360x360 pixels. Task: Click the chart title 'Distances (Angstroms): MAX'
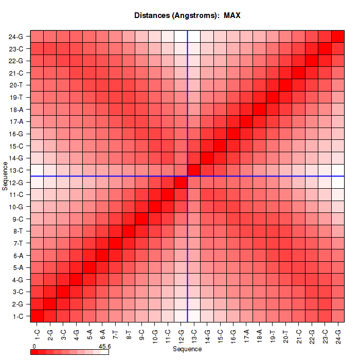[x=187, y=15]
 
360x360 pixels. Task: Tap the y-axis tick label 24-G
[x=16, y=37]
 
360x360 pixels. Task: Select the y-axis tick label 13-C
[x=16, y=170]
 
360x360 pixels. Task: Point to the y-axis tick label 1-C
[x=16, y=316]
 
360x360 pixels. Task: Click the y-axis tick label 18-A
[x=16, y=110]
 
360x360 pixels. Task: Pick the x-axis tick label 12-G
[x=181, y=331]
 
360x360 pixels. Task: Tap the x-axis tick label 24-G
[x=338, y=331]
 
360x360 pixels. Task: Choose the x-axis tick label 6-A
[x=102, y=331]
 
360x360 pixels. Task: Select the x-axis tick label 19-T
[x=272, y=331]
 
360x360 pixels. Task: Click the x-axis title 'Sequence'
[x=187, y=349]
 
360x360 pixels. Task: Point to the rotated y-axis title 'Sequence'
[x=5, y=176]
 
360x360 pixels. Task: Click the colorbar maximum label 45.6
[x=105, y=347]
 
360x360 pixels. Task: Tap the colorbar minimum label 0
[x=34, y=347]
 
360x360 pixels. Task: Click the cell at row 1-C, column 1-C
[x=37, y=316]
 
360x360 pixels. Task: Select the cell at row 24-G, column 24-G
[x=338, y=37]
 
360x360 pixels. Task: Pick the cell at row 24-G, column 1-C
[x=37, y=37]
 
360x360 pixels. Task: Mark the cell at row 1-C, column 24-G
[x=338, y=316]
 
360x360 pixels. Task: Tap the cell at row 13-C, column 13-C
[x=194, y=170]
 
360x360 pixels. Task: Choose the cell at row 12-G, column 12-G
[x=181, y=182]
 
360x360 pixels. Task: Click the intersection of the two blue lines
[x=187, y=176]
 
